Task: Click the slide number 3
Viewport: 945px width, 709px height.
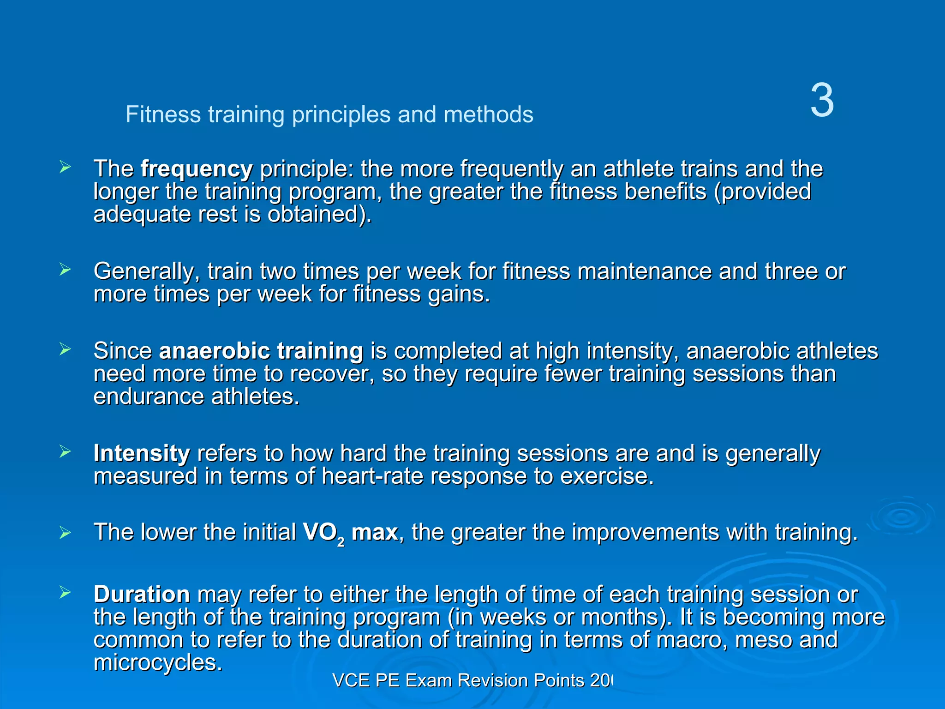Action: pos(822,101)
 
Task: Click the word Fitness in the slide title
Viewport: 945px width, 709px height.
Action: pos(163,114)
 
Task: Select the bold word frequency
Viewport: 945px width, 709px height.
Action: pos(197,169)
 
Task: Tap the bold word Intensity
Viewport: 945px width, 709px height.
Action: pos(142,453)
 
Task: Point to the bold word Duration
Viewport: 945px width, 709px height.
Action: pos(142,594)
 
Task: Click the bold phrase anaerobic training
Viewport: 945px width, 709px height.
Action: pos(261,351)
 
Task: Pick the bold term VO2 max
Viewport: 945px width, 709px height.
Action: pos(350,533)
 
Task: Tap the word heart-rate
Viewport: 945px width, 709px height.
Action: pos(372,476)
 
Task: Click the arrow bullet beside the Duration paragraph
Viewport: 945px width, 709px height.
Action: pos(65,592)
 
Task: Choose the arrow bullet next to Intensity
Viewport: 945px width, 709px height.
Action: pos(65,451)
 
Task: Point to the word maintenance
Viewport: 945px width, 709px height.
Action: pos(645,271)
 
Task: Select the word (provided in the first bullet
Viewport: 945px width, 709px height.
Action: pos(762,192)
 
